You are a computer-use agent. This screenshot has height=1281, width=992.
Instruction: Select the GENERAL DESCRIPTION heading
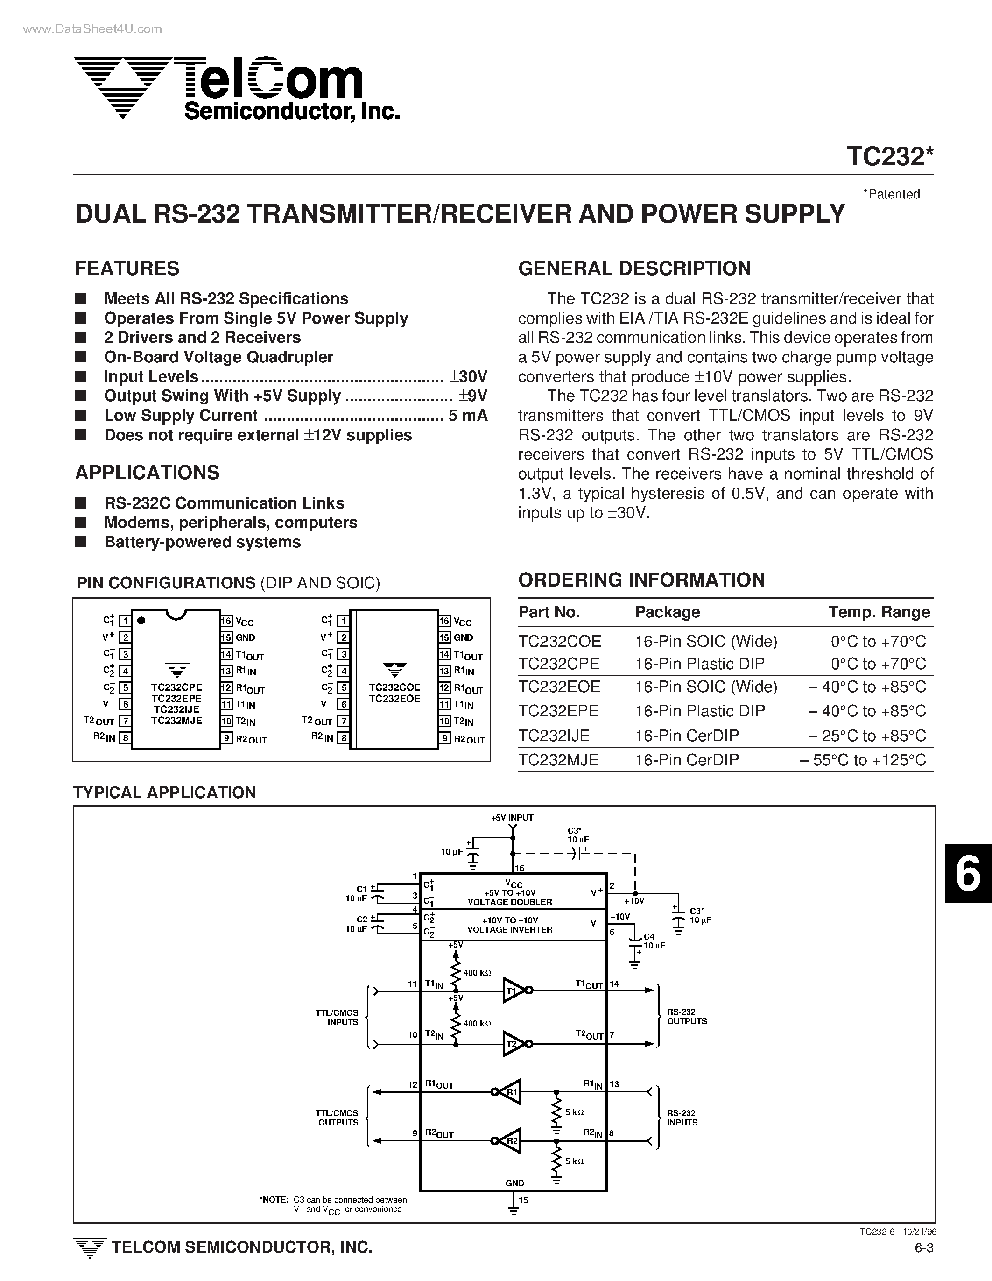634,268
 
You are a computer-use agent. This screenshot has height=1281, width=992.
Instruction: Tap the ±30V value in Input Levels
467,376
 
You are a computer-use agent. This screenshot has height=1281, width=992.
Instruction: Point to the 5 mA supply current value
467,415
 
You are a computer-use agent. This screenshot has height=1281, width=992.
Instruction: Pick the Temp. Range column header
878,612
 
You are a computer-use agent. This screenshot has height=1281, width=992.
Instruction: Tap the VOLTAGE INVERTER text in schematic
509,930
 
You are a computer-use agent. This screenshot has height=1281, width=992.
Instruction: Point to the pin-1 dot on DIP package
141,620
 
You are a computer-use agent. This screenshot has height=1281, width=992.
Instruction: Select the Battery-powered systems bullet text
202,542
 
